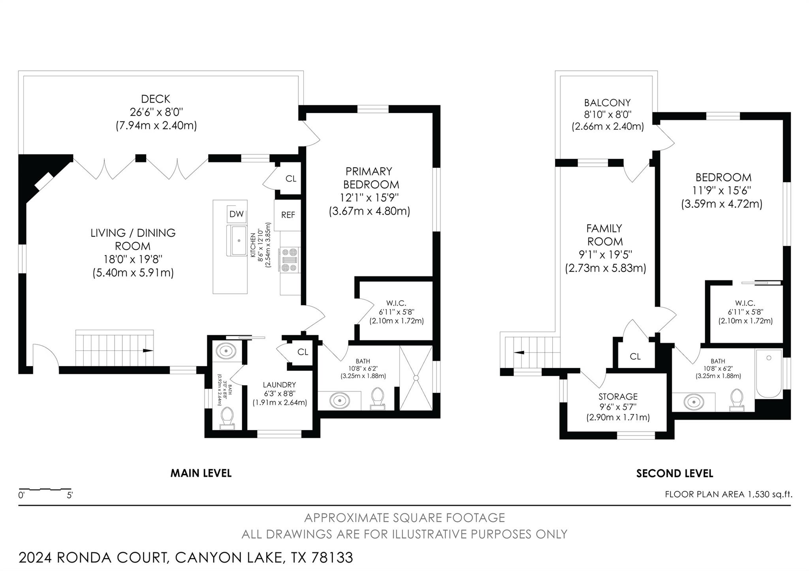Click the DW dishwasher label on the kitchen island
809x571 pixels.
(236, 214)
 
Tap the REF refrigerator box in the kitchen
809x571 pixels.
(288, 215)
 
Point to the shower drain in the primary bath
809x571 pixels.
(416, 378)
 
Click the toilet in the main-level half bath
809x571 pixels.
(227, 417)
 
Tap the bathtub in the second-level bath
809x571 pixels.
(768, 373)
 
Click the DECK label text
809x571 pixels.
(156, 99)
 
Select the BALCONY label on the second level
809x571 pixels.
(607, 103)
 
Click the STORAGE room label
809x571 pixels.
(618, 397)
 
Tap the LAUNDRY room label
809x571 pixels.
(279, 385)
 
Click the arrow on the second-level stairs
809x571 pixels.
(519, 352)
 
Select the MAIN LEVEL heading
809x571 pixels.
(201, 473)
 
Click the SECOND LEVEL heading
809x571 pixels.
(674, 474)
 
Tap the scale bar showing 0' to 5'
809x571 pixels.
(45, 490)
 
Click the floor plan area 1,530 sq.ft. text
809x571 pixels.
(728, 494)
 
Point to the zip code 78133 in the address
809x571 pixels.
(332, 558)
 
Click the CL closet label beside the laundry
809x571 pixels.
(303, 352)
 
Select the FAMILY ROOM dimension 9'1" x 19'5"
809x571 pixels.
(605, 255)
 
